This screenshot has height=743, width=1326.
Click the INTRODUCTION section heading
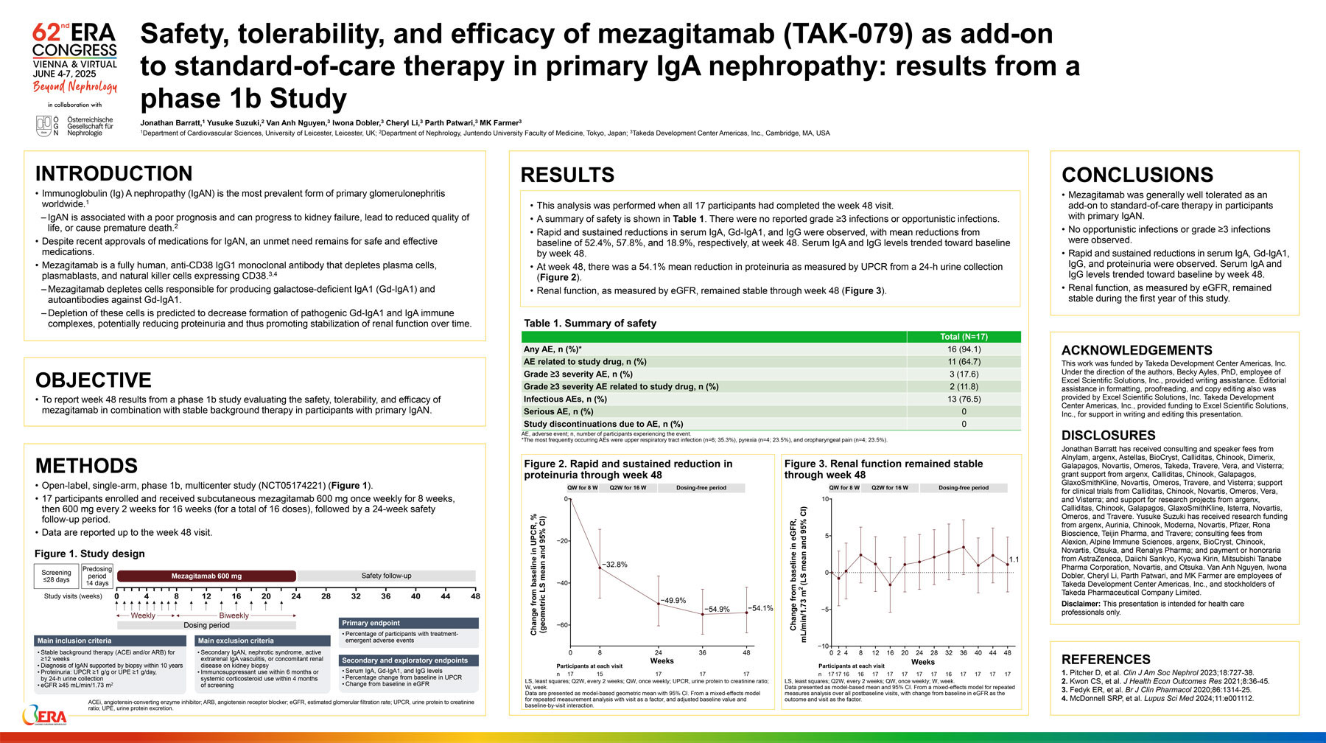113,174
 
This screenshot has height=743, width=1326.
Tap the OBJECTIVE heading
94,380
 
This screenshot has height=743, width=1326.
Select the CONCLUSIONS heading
1137,175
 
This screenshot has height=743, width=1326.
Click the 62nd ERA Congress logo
74,57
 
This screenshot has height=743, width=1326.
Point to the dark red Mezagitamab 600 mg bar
206,576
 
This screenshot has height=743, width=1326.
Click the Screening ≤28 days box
56,576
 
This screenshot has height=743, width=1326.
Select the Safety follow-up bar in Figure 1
386,576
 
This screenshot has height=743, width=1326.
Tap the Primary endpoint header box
409,623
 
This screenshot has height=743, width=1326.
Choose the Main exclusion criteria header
262,641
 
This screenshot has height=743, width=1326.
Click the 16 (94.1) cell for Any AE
964,349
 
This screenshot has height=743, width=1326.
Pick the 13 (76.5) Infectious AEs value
964,399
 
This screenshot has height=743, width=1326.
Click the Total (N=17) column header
964,337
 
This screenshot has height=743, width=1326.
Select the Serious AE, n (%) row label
558,411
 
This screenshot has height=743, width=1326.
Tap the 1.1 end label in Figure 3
1014,559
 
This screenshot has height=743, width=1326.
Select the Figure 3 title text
883,470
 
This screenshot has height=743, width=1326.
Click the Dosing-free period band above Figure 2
701,488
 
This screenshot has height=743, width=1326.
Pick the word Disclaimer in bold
1080,604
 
